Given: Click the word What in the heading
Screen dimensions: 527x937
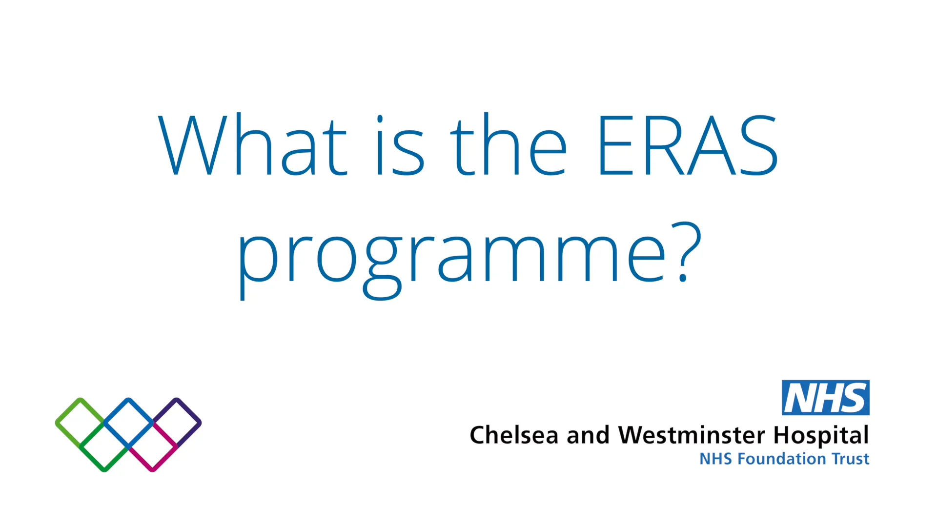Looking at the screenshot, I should (252, 145).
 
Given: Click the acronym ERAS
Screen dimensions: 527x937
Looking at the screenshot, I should (687, 145).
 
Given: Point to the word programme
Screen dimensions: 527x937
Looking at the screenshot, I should (452, 259).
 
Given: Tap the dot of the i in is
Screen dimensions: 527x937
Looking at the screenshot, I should (380, 119).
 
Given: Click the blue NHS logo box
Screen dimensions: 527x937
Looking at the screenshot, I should (825, 398).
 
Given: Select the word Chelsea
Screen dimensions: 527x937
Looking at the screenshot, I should (513, 435).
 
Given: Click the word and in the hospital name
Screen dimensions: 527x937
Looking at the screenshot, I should (588, 435).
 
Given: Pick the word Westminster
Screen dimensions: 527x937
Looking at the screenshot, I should (692, 435).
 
